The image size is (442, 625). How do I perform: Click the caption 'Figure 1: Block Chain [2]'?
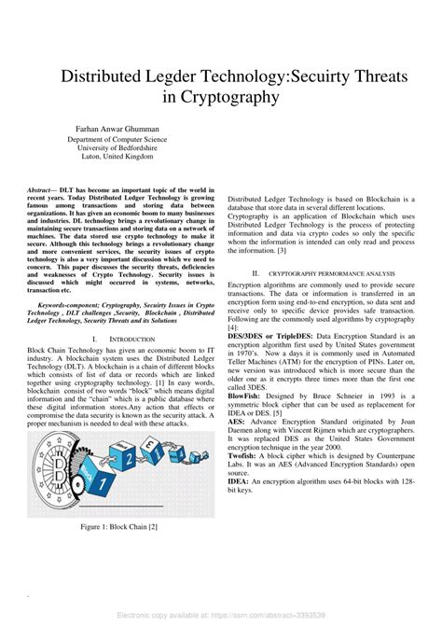coord(117,527)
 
